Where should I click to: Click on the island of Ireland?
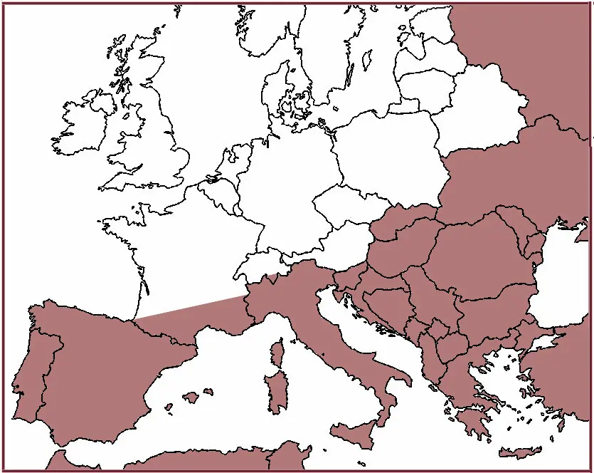point(82,125)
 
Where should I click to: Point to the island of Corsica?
point(275,352)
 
